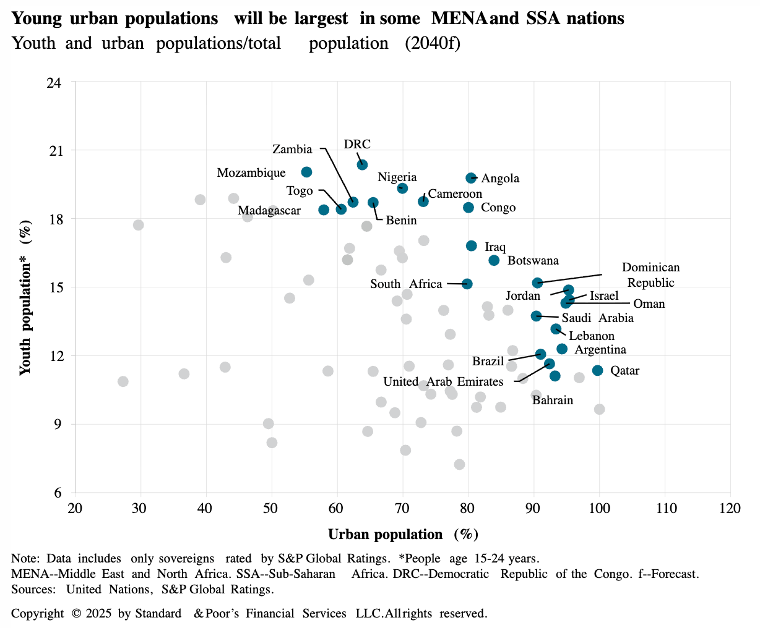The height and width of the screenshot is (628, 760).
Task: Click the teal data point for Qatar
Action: click(x=597, y=370)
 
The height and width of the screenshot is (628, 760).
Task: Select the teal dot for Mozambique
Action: click(x=306, y=172)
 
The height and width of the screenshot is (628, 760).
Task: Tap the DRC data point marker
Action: click(x=362, y=164)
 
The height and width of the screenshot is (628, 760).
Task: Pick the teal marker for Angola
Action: click(x=471, y=178)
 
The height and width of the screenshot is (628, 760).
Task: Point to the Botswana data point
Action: click(x=494, y=260)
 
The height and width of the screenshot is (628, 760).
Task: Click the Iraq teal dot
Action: click(x=472, y=246)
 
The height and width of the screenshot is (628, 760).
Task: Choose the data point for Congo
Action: click(x=469, y=207)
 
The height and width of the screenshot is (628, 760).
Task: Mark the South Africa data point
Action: click(x=467, y=284)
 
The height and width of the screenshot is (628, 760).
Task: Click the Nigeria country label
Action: click(x=397, y=177)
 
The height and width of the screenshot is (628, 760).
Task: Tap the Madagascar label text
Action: click(x=269, y=211)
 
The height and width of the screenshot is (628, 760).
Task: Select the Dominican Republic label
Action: click(x=650, y=275)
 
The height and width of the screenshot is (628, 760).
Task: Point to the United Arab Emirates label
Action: click(x=443, y=382)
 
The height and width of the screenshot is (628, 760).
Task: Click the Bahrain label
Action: click(x=553, y=401)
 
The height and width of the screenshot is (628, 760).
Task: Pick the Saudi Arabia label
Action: click(x=597, y=318)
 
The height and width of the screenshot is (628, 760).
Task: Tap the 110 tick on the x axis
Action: click(x=665, y=508)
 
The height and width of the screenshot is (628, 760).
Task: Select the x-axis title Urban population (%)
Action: click(x=403, y=535)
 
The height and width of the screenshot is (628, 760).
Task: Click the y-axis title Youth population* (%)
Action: click(x=25, y=300)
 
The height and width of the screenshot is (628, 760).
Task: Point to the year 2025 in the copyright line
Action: click(x=100, y=614)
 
